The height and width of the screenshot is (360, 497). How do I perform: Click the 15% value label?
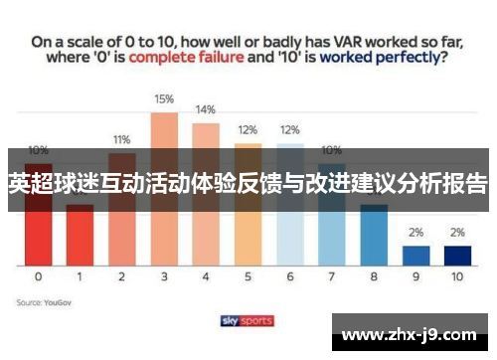(164, 98)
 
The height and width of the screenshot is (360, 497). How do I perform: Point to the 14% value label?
(206, 109)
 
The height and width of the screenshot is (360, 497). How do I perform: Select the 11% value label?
(122, 139)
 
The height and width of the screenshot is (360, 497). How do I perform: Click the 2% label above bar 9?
(416, 232)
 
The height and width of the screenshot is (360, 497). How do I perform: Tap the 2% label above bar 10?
(457, 232)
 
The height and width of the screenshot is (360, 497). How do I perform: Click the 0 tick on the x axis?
(38, 276)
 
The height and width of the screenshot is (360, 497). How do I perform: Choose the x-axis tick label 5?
(248, 276)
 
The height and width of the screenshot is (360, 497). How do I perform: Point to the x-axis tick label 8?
(374, 276)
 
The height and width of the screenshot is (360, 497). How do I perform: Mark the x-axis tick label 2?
(122, 276)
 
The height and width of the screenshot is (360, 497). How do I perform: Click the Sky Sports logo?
(248, 320)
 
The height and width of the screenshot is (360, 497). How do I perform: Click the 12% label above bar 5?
(248, 130)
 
